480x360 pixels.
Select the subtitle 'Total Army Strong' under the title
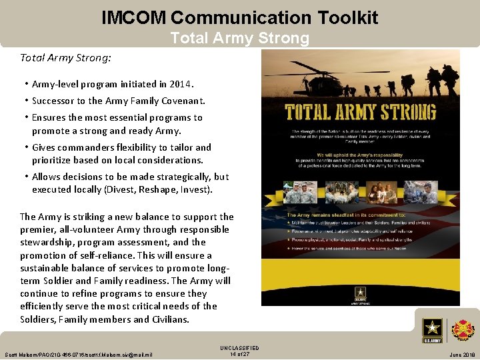(239, 38)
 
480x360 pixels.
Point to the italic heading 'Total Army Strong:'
(65, 58)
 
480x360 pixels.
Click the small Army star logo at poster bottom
(361, 293)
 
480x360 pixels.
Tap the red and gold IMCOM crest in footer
(463, 330)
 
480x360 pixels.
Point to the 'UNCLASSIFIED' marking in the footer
(239, 348)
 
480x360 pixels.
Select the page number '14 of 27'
(239, 354)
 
